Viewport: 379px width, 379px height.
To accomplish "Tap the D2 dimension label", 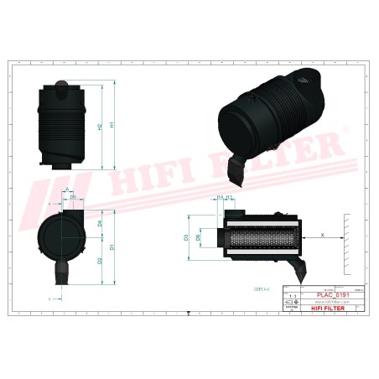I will tap(100, 261).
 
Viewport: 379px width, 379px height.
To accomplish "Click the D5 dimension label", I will tap(73, 198).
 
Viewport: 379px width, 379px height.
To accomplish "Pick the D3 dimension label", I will tap(186, 237).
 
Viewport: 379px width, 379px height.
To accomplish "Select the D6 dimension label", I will tap(198, 237).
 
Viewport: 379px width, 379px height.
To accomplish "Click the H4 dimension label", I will tap(220, 198).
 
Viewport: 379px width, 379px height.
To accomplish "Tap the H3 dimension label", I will tap(229, 198).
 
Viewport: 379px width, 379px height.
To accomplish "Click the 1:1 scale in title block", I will tap(293, 297).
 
